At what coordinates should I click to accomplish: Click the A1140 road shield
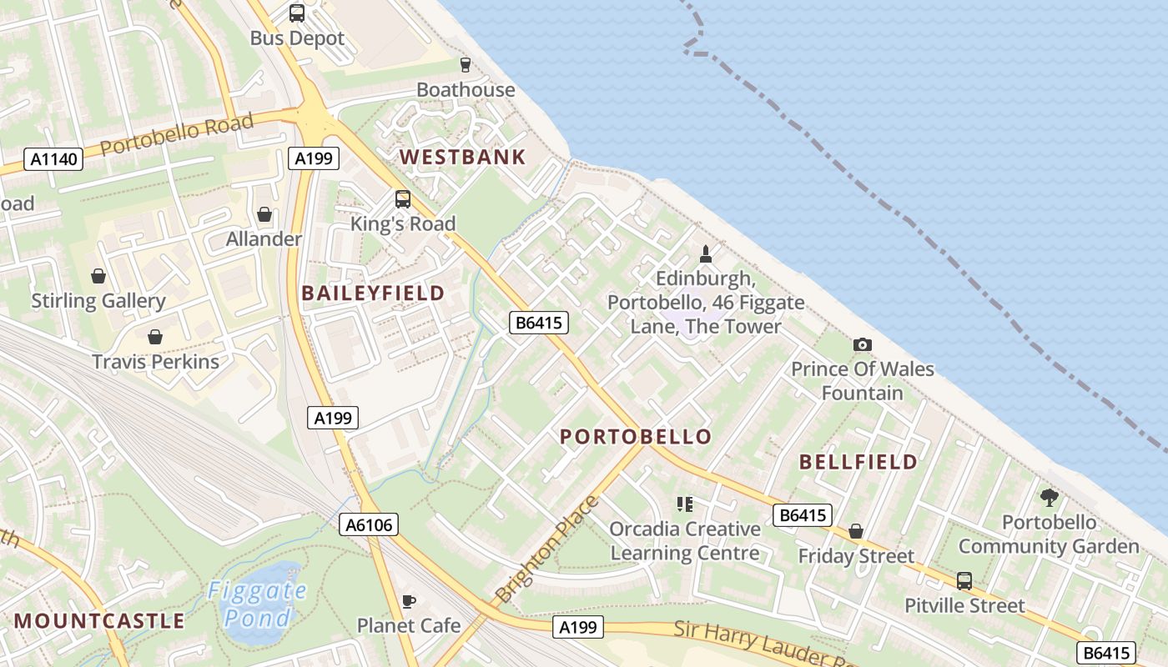(54, 159)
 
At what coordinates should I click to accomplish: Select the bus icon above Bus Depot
(297, 13)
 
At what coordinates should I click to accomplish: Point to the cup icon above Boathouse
(466, 64)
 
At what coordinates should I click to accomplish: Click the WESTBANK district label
(463, 157)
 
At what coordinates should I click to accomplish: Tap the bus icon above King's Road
(403, 199)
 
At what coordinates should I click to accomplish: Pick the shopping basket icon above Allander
(264, 215)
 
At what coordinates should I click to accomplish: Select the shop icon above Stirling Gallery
(98, 276)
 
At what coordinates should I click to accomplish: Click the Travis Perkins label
(155, 362)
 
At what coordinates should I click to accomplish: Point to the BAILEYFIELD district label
(373, 293)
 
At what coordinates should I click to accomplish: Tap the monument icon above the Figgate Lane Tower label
(706, 253)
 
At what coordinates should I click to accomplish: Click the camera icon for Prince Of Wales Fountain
(863, 344)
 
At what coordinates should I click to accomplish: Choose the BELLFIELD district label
(858, 462)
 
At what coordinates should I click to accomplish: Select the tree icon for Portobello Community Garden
(1049, 498)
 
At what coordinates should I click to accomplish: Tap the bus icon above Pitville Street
(964, 580)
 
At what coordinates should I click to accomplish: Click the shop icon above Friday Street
(856, 531)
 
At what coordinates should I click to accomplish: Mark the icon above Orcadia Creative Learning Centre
(685, 504)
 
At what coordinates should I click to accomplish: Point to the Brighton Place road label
(546, 549)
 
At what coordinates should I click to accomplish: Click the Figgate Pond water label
(257, 604)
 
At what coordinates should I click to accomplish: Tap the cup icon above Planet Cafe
(409, 601)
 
